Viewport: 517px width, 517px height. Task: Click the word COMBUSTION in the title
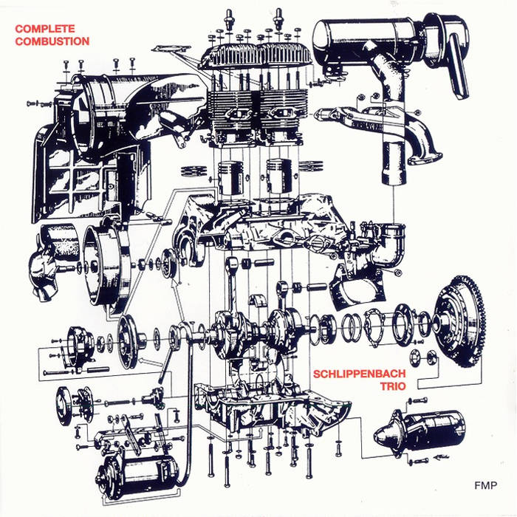(52, 41)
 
